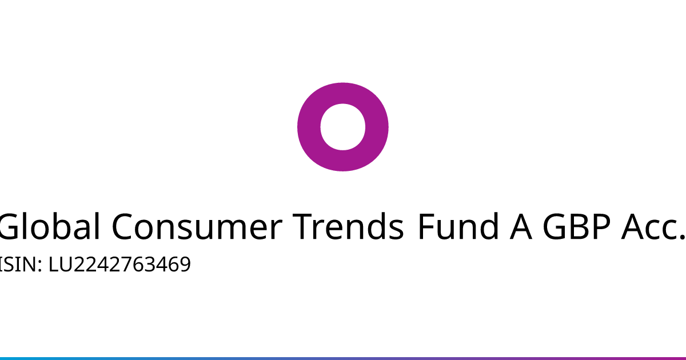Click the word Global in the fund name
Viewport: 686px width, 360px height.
[x=50, y=226]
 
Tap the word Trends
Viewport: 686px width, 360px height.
[x=348, y=226]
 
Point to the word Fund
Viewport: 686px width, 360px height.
[x=458, y=226]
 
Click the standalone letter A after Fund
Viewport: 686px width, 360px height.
[x=521, y=226]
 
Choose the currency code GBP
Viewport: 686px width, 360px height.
[x=576, y=226]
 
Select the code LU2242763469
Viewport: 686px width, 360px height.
[x=119, y=264]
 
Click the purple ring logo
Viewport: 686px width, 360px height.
[x=309, y=127]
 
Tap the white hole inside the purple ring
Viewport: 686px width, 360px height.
[x=342, y=127]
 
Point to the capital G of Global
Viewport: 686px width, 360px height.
[x=10, y=226]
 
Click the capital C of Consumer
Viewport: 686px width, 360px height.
[x=122, y=226]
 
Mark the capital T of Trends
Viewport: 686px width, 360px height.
[x=302, y=226]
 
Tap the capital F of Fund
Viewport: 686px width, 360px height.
[x=426, y=226]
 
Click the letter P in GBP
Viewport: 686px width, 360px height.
[x=601, y=226]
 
